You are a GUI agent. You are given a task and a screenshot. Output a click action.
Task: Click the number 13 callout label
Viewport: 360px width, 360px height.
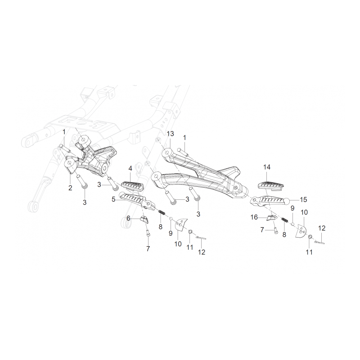coord(171,134)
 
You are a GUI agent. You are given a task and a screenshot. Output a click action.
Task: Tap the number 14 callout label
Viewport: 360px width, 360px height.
coord(267,167)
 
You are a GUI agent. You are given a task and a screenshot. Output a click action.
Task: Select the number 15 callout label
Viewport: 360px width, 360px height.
coord(303,200)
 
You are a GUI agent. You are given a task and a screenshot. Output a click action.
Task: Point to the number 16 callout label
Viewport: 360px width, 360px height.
coord(254,217)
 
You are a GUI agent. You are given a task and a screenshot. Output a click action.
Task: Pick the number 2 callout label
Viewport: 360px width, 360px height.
coord(70,188)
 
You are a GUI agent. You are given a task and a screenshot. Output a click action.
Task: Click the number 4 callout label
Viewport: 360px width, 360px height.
coord(130,169)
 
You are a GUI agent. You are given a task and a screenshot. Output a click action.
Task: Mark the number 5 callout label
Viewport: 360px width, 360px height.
coord(113,199)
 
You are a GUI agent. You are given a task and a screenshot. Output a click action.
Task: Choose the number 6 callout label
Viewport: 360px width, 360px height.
coord(128,218)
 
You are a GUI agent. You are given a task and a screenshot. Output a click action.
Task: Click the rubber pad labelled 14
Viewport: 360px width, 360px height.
coord(271,182)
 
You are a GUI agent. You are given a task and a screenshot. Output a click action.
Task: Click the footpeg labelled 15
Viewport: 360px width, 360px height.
coord(270,201)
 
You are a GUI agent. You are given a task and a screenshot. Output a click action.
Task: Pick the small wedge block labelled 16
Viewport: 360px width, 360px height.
coord(271,217)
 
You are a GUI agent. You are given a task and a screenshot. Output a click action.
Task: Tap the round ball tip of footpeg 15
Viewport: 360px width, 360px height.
coord(287,201)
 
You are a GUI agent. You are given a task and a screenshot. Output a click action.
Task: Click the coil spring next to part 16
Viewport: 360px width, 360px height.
coord(285,220)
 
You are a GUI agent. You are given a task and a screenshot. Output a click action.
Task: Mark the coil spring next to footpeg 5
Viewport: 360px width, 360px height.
coord(162,212)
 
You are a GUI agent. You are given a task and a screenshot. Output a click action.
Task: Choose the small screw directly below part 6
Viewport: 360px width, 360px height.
coord(148,233)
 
